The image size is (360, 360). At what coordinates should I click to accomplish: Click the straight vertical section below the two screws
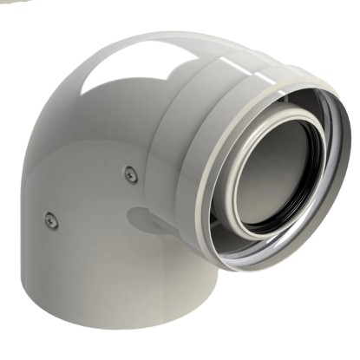point(95,269)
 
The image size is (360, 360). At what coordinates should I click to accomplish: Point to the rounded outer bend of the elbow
point(61,113)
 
